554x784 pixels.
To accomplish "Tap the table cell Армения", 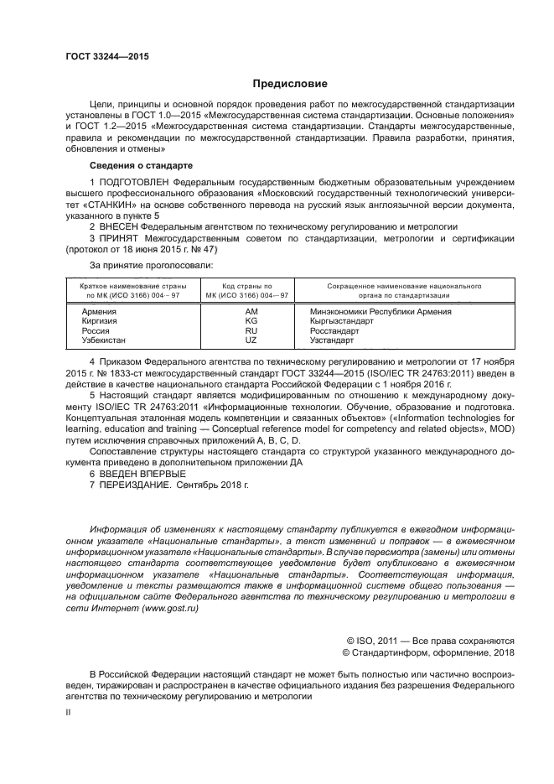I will coord(99,312).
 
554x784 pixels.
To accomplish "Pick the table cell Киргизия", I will coord(100,321).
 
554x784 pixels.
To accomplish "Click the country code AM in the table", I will coord(251,312).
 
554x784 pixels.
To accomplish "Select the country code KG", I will coord(251,321).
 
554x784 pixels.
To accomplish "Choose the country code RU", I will coord(251,331).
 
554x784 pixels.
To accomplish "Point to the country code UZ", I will coord(251,340).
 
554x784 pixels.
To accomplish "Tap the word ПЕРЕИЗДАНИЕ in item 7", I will coord(134,485).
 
